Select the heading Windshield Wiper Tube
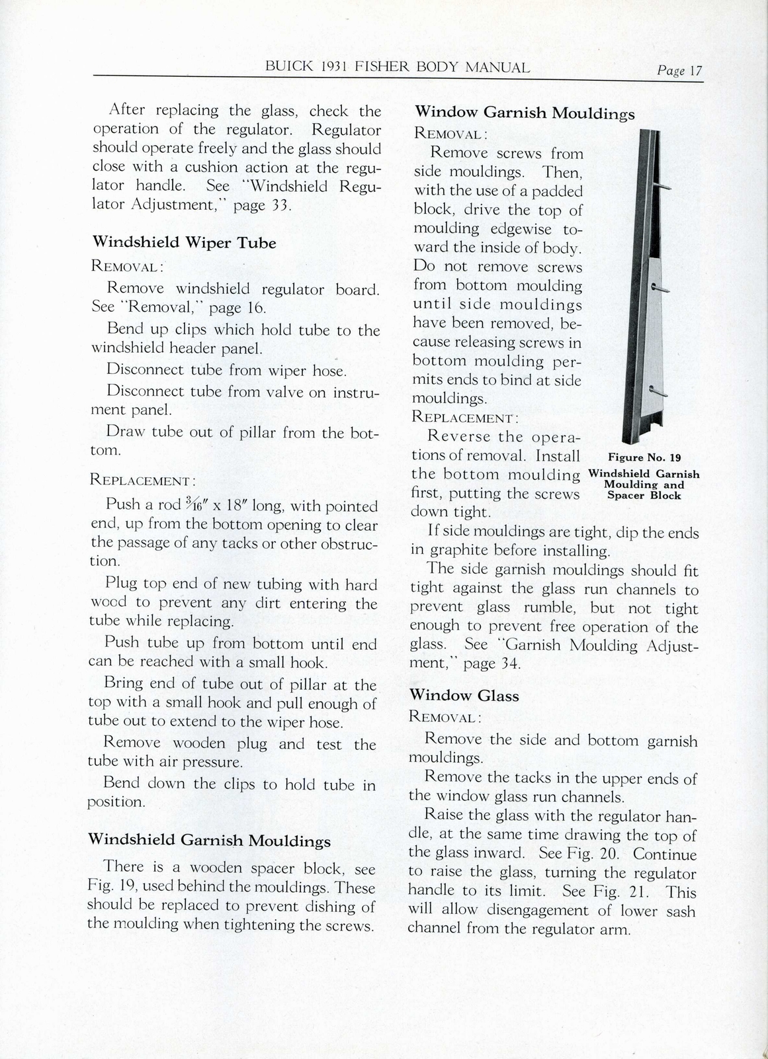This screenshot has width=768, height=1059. [x=184, y=242]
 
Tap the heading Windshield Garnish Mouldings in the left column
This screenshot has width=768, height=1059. [x=209, y=841]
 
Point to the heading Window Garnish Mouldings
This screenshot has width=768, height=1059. [x=524, y=113]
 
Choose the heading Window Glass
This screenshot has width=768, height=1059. [x=464, y=696]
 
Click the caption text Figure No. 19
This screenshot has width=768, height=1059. [x=644, y=457]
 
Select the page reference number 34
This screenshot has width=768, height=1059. [x=507, y=663]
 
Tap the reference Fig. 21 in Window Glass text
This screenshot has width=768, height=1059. [x=613, y=892]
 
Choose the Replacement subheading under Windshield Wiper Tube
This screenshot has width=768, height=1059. [x=142, y=480]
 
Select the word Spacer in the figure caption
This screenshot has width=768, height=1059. [x=625, y=495]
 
